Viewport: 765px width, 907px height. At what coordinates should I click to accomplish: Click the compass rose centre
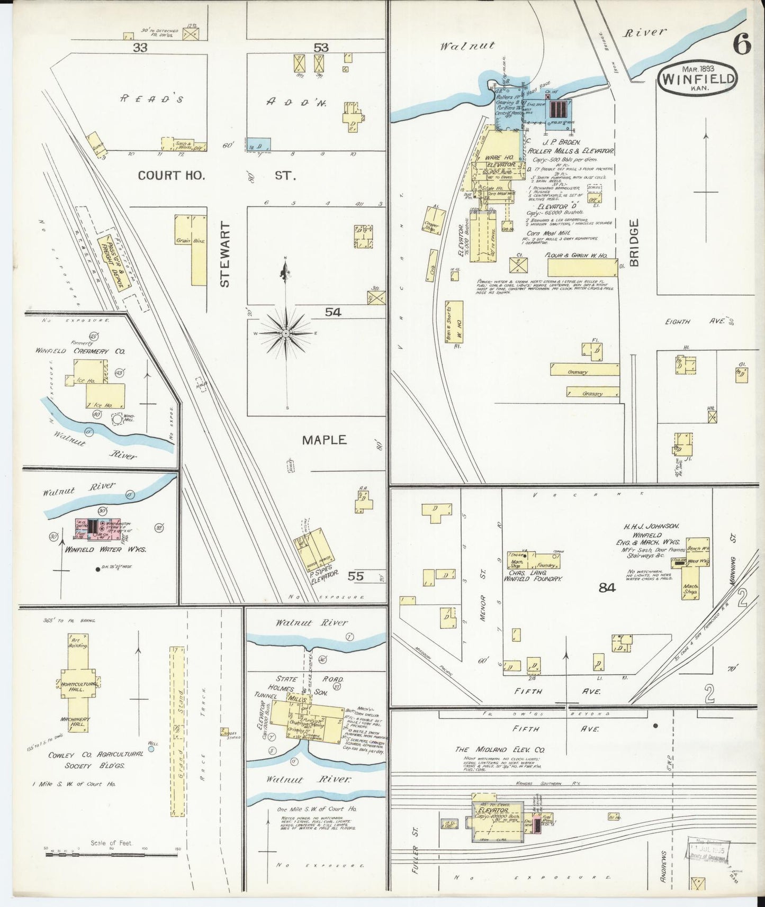[286, 333]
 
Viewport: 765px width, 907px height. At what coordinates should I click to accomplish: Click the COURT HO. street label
[171, 176]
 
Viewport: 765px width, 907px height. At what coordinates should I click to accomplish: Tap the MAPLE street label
[324, 440]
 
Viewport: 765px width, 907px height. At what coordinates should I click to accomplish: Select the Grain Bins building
[191, 250]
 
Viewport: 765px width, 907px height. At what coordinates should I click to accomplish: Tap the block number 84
[607, 587]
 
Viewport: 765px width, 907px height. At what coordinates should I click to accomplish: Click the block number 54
[333, 312]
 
